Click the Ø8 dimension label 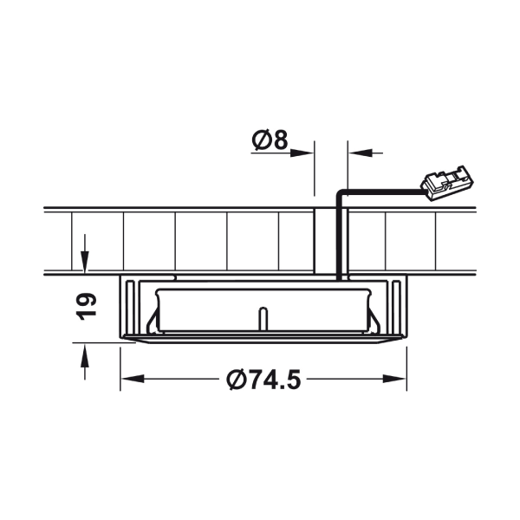click(x=270, y=140)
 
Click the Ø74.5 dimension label click(x=263, y=380)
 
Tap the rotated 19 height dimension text click(x=86, y=307)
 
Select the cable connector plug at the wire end click(x=446, y=183)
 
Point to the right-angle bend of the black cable click(x=340, y=192)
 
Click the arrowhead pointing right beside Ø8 click(x=302, y=153)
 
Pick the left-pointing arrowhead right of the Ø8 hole click(x=360, y=153)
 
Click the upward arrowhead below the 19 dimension click(x=85, y=355)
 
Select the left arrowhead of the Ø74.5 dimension click(x=133, y=379)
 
